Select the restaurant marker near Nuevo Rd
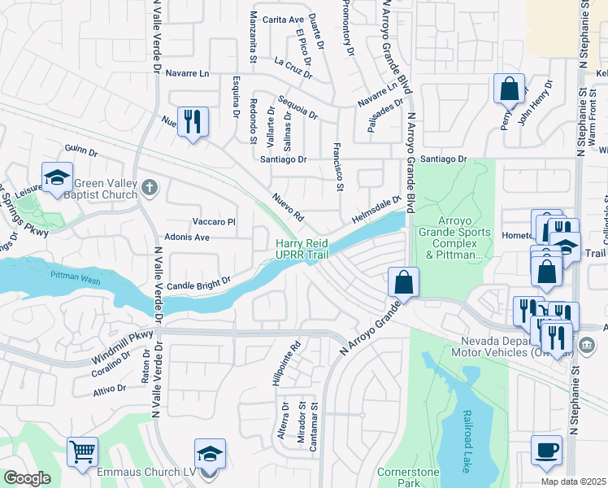(193, 122)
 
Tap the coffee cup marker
(545, 450)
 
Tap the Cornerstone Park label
(408, 477)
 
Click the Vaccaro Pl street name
(214, 221)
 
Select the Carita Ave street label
(282, 19)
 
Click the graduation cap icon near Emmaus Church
(210, 453)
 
